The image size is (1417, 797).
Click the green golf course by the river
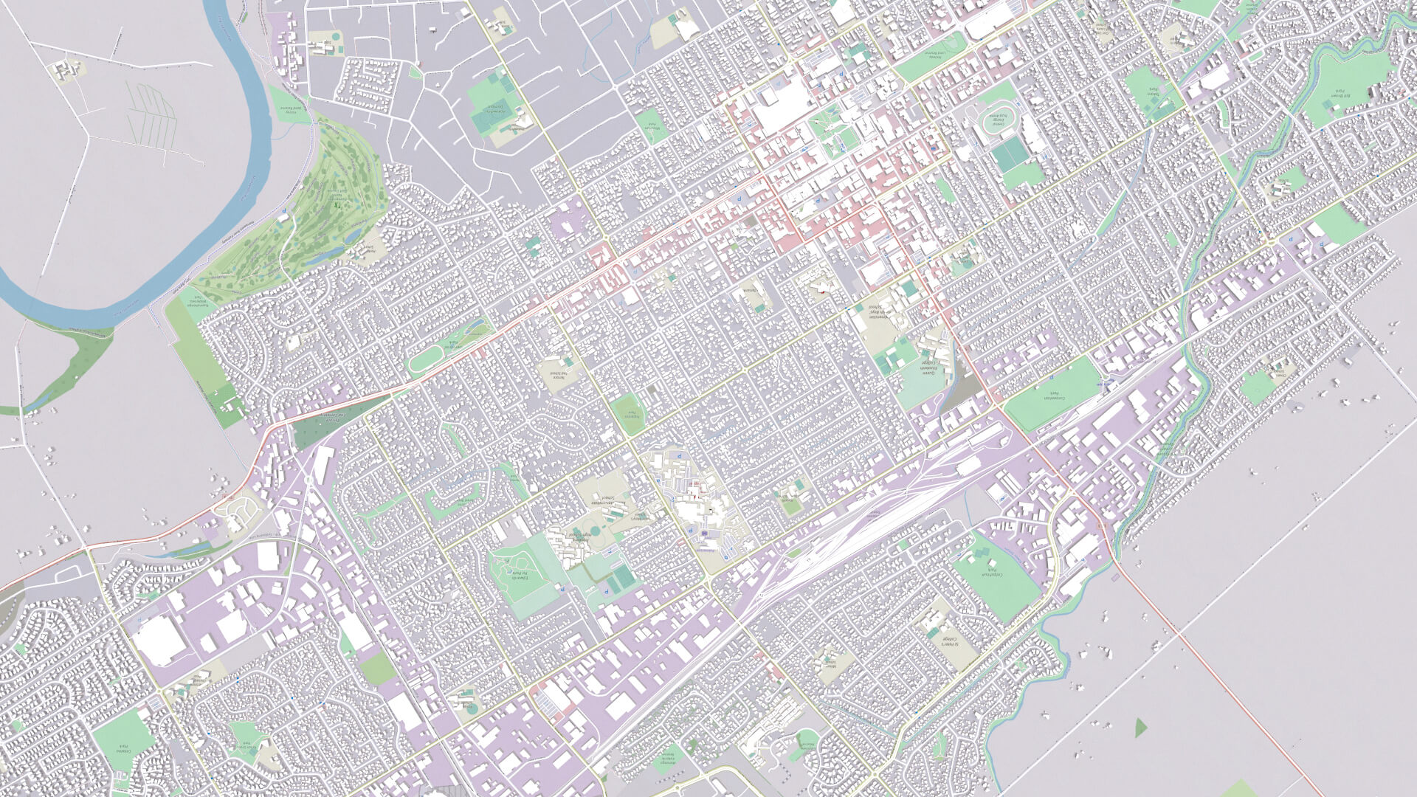(x=325, y=207)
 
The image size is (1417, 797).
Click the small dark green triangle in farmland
(x=1140, y=727)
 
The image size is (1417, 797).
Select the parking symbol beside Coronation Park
(x=1105, y=383)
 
